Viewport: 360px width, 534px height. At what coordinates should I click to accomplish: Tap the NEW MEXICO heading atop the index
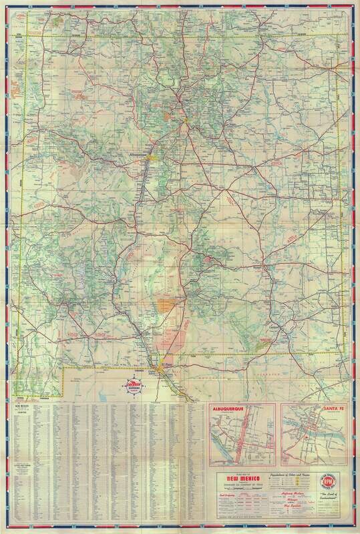pos(22,406)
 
